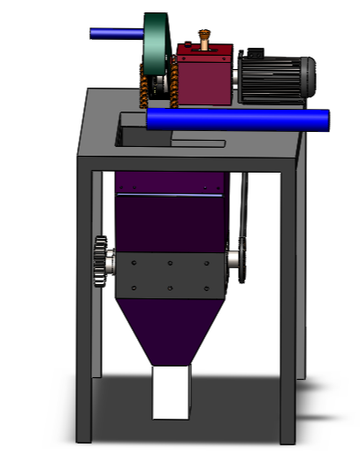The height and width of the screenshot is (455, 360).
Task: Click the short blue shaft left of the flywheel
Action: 115,34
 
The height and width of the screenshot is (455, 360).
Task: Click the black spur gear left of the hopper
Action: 99,263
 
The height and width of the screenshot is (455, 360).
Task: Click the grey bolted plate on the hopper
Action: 169,274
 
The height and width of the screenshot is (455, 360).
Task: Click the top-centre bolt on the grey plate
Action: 169,263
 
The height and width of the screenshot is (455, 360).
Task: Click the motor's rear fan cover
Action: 308,75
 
